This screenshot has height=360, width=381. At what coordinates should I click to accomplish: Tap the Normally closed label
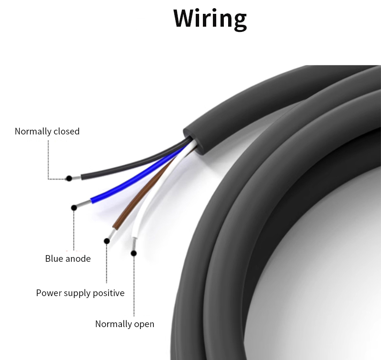pyautogui.click(x=47, y=131)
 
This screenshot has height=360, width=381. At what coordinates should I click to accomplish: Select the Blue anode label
pyautogui.click(x=68, y=259)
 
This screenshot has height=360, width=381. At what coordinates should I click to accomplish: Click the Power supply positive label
pyautogui.click(x=80, y=293)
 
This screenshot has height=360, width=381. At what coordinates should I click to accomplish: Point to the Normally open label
pyautogui.click(x=125, y=324)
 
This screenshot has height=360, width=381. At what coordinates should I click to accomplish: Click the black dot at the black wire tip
pyautogui.click(x=69, y=178)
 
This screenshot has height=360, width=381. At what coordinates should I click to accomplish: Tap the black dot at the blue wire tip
pyautogui.click(x=74, y=207)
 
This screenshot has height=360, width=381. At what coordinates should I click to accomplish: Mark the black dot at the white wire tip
pyautogui.click(x=134, y=253)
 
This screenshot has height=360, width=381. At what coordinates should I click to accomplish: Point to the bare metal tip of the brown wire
pyautogui.click(x=110, y=234)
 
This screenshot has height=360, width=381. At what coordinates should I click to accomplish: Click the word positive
pyautogui.click(x=108, y=293)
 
